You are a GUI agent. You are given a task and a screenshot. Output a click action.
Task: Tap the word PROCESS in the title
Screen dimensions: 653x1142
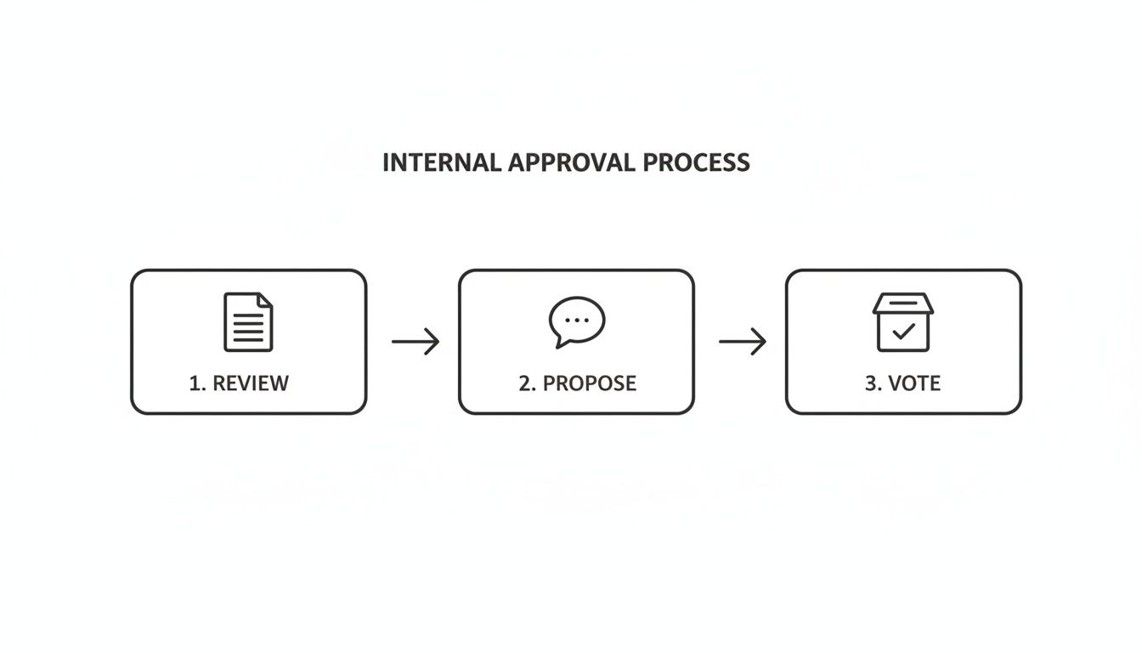point(696,162)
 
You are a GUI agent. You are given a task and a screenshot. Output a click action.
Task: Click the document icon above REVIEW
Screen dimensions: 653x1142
point(248,321)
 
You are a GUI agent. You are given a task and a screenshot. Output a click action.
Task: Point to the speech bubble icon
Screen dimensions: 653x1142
point(577,321)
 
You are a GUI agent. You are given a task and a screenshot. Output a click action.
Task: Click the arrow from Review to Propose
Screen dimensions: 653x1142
point(416,342)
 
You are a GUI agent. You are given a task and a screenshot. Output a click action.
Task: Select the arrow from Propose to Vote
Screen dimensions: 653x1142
point(743,342)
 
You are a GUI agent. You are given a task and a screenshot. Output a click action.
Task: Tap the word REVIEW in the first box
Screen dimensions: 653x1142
point(251,383)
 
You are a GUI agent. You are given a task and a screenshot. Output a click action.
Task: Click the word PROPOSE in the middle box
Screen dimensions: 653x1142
point(590,383)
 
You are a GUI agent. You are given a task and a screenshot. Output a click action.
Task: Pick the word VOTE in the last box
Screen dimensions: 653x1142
point(914,383)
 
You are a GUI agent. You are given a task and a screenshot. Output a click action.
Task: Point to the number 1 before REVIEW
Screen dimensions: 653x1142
point(195,383)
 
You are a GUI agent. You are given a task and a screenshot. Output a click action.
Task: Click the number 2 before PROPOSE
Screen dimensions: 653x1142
point(525,383)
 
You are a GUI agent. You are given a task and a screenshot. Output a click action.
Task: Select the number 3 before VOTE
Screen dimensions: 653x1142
point(871,383)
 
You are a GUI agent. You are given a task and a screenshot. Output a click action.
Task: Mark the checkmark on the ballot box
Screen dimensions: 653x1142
point(903,332)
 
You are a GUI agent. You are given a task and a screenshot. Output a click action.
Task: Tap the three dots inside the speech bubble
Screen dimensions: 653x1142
point(577,320)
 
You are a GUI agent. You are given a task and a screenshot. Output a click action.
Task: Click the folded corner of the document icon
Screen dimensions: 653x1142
point(265,299)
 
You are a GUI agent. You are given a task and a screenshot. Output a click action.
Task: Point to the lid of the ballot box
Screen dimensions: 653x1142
point(903,304)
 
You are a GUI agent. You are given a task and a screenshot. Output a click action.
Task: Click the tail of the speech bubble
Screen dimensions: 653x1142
point(561,342)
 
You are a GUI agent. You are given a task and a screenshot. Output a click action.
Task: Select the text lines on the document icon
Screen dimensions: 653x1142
point(248,327)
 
